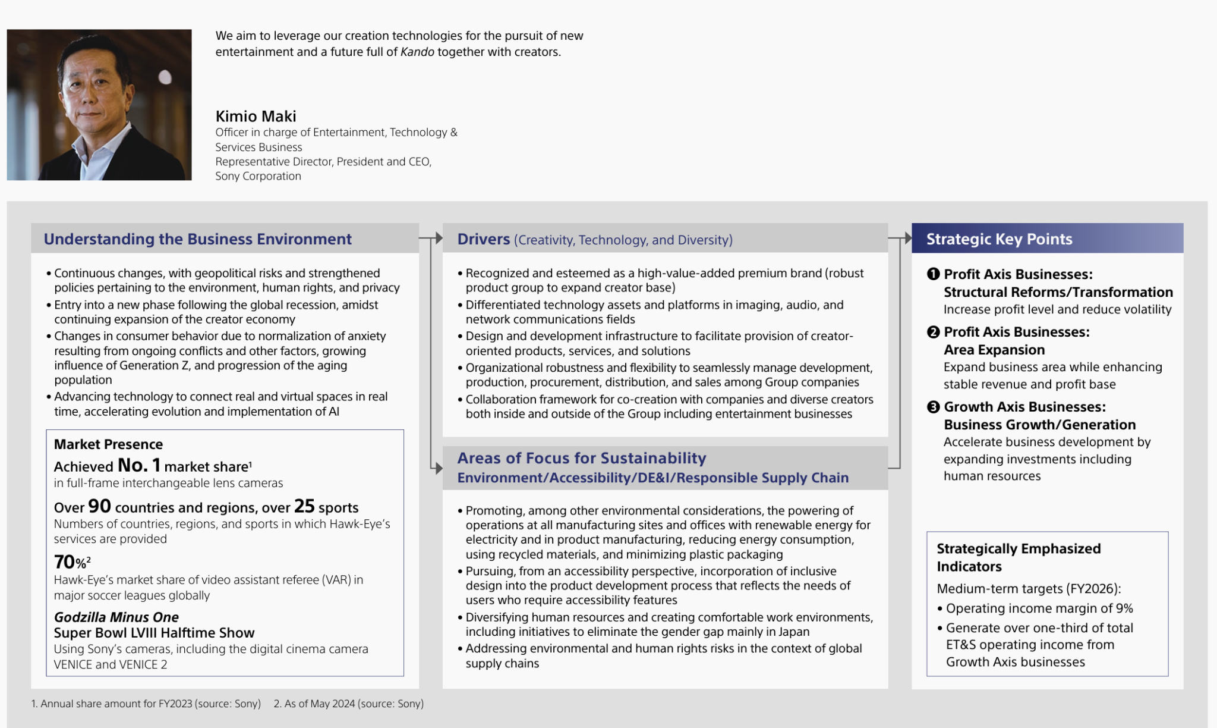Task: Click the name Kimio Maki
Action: click(x=256, y=116)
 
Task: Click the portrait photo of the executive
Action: click(x=99, y=105)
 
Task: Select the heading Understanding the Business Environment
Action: click(x=197, y=239)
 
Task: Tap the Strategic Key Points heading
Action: click(x=999, y=239)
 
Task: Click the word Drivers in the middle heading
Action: click(x=483, y=239)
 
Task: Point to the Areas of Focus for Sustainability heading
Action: click(x=581, y=458)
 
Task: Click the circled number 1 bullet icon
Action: click(x=933, y=274)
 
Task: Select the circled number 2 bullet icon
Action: click(x=933, y=332)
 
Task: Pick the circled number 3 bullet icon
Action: click(x=933, y=407)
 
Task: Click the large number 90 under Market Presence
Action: click(x=99, y=506)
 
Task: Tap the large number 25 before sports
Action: click(x=304, y=506)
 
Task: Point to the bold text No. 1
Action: click(x=139, y=465)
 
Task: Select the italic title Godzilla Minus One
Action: click(x=116, y=617)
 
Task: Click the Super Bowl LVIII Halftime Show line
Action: click(x=154, y=633)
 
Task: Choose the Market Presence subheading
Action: click(x=108, y=444)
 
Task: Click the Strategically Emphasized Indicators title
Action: click(x=1018, y=557)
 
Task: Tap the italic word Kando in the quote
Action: click(x=417, y=52)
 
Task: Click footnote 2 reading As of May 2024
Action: click(x=349, y=704)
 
